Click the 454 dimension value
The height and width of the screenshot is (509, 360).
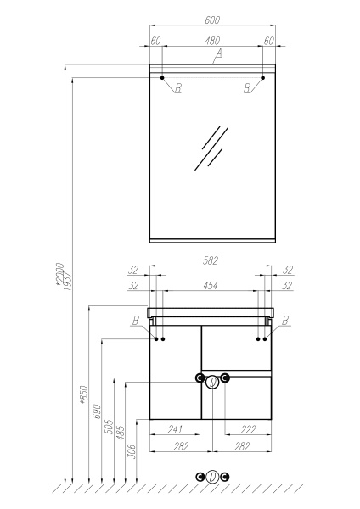point(212,286)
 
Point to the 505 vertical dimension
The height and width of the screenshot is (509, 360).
point(109,428)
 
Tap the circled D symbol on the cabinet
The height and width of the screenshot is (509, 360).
point(212,381)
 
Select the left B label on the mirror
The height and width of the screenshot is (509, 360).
point(177,88)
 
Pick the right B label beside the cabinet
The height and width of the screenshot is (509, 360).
point(285,320)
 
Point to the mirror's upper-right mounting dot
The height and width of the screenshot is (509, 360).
point(263,78)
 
